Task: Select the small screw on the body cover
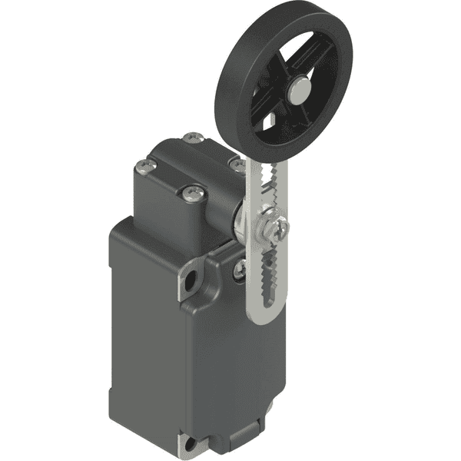tap(240, 267)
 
